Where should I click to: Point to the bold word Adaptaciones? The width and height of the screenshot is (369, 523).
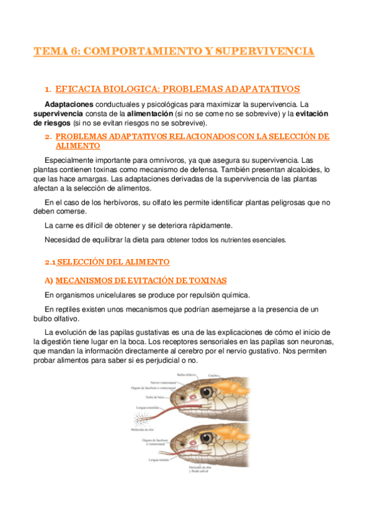click(69, 104)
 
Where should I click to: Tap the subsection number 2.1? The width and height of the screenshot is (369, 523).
click(51, 262)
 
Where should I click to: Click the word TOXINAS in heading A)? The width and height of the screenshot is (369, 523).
click(205, 281)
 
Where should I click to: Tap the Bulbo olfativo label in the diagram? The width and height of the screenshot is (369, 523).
click(187, 374)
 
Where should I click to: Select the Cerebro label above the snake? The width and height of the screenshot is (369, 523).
click(214, 374)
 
